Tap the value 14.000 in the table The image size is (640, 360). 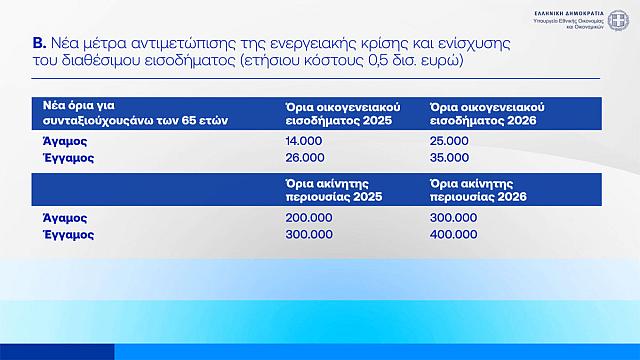(x=302, y=142)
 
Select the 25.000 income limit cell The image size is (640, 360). (x=449, y=142)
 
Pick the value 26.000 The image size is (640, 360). (x=303, y=158)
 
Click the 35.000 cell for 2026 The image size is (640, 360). (x=449, y=158)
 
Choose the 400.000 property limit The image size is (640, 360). (x=453, y=234)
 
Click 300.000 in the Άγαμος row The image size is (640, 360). (x=453, y=217)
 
